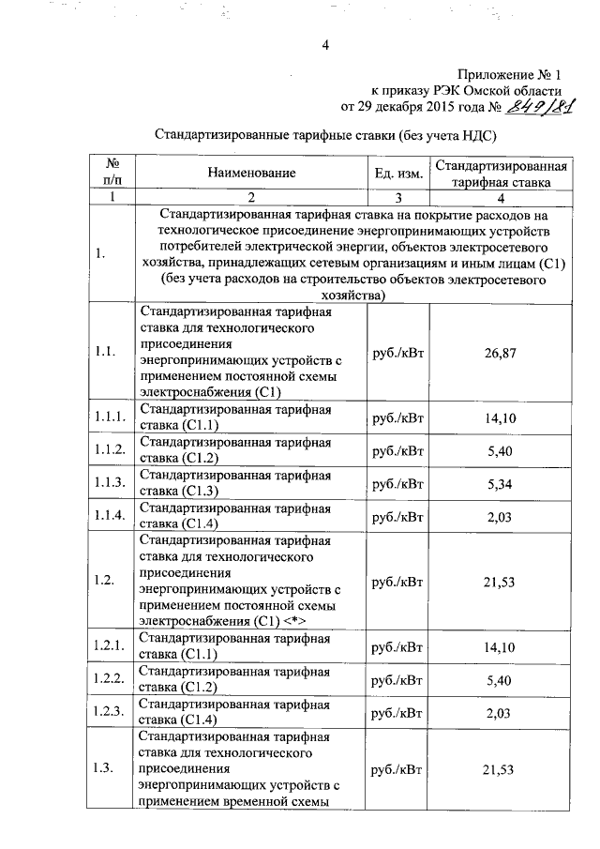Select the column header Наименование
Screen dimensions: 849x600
click(252, 173)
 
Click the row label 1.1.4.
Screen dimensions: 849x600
click(110, 516)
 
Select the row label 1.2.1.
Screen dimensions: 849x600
click(110, 646)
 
